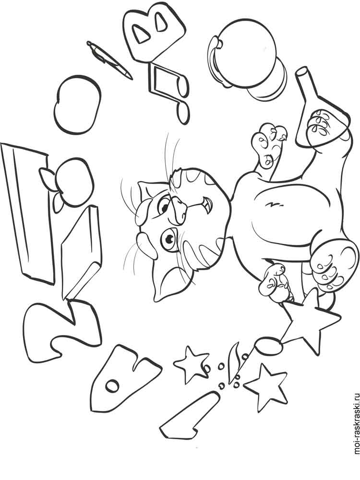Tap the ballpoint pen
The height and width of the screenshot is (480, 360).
[x=109, y=60]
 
